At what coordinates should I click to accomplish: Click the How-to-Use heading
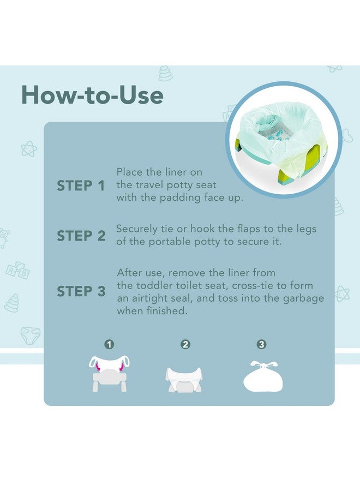click(x=92, y=95)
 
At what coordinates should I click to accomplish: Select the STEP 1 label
click(x=81, y=185)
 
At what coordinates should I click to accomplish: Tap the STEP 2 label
click(x=81, y=236)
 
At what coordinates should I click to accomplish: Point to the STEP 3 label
click(x=81, y=291)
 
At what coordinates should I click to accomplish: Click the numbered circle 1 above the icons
click(x=109, y=344)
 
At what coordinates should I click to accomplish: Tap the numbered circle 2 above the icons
click(x=185, y=344)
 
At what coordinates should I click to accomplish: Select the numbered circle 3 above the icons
click(x=261, y=344)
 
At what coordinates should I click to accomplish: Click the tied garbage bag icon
click(x=263, y=376)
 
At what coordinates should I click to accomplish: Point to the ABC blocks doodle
click(x=17, y=270)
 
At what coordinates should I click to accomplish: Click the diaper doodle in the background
click(x=29, y=334)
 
